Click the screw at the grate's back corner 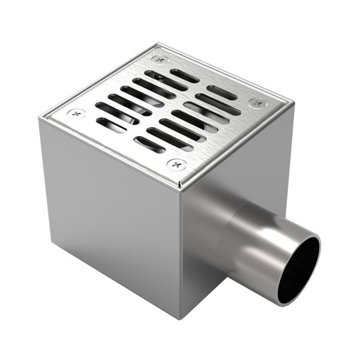click(x=160, y=59)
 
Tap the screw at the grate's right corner click(x=258, y=103)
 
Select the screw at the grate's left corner click(x=76, y=113)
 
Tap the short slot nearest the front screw click(x=149, y=145)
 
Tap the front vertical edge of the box click(x=179, y=252)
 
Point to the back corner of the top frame click(x=158, y=43)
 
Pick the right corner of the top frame click(x=294, y=103)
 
